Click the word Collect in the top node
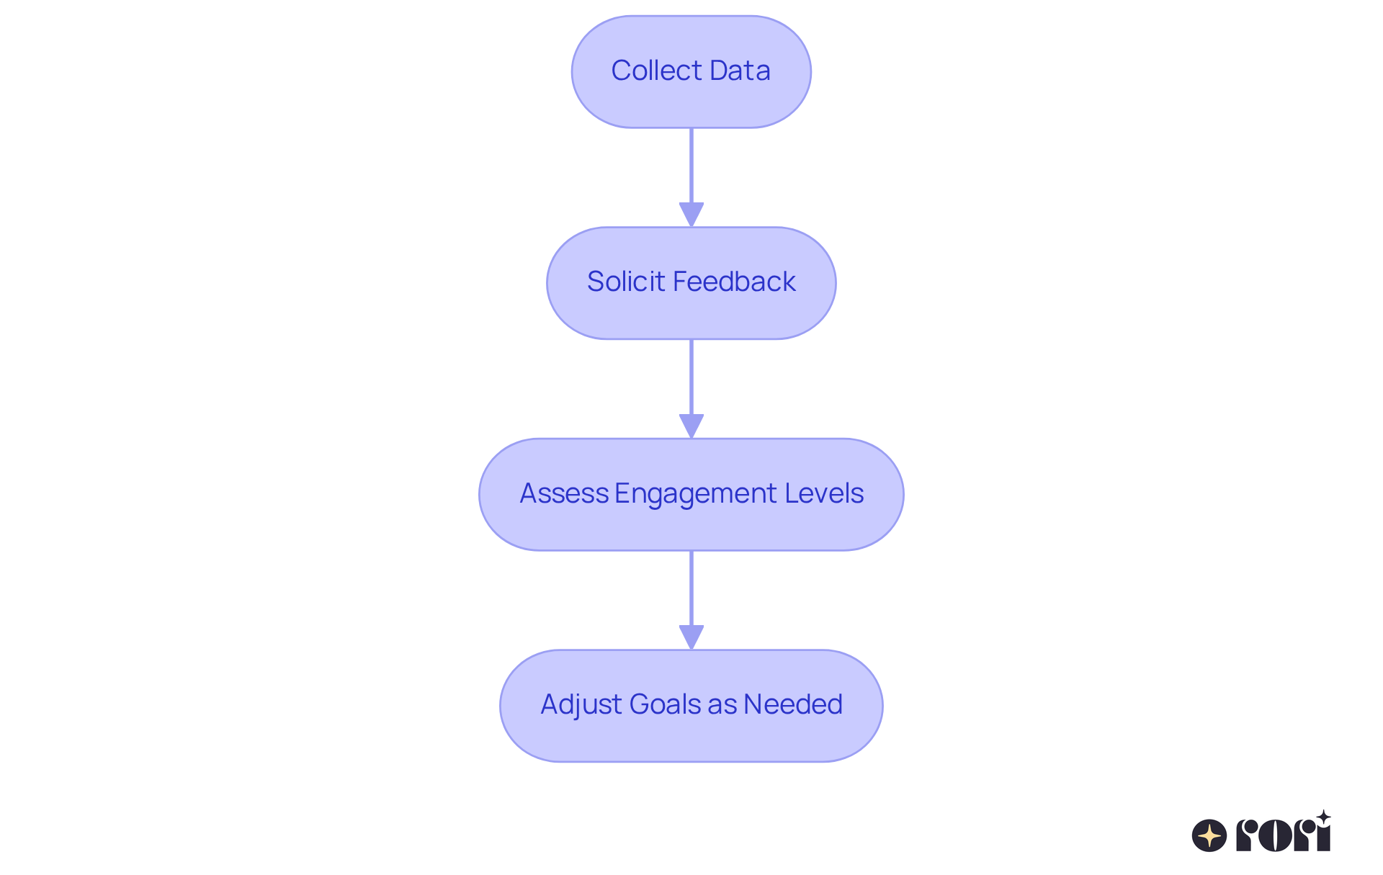(x=656, y=71)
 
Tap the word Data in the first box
(x=740, y=71)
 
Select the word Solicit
(x=626, y=282)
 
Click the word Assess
(x=564, y=493)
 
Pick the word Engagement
(x=695, y=494)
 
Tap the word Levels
(x=824, y=493)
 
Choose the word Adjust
(x=581, y=704)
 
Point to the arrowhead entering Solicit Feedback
(x=691, y=215)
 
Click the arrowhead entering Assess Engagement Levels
(x=691, y=426)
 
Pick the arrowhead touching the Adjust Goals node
(x=691, y=637)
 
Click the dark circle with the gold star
(x=1209, y=835)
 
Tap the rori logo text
(x=1283, y=835)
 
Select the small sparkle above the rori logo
(x=1323, y=817)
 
